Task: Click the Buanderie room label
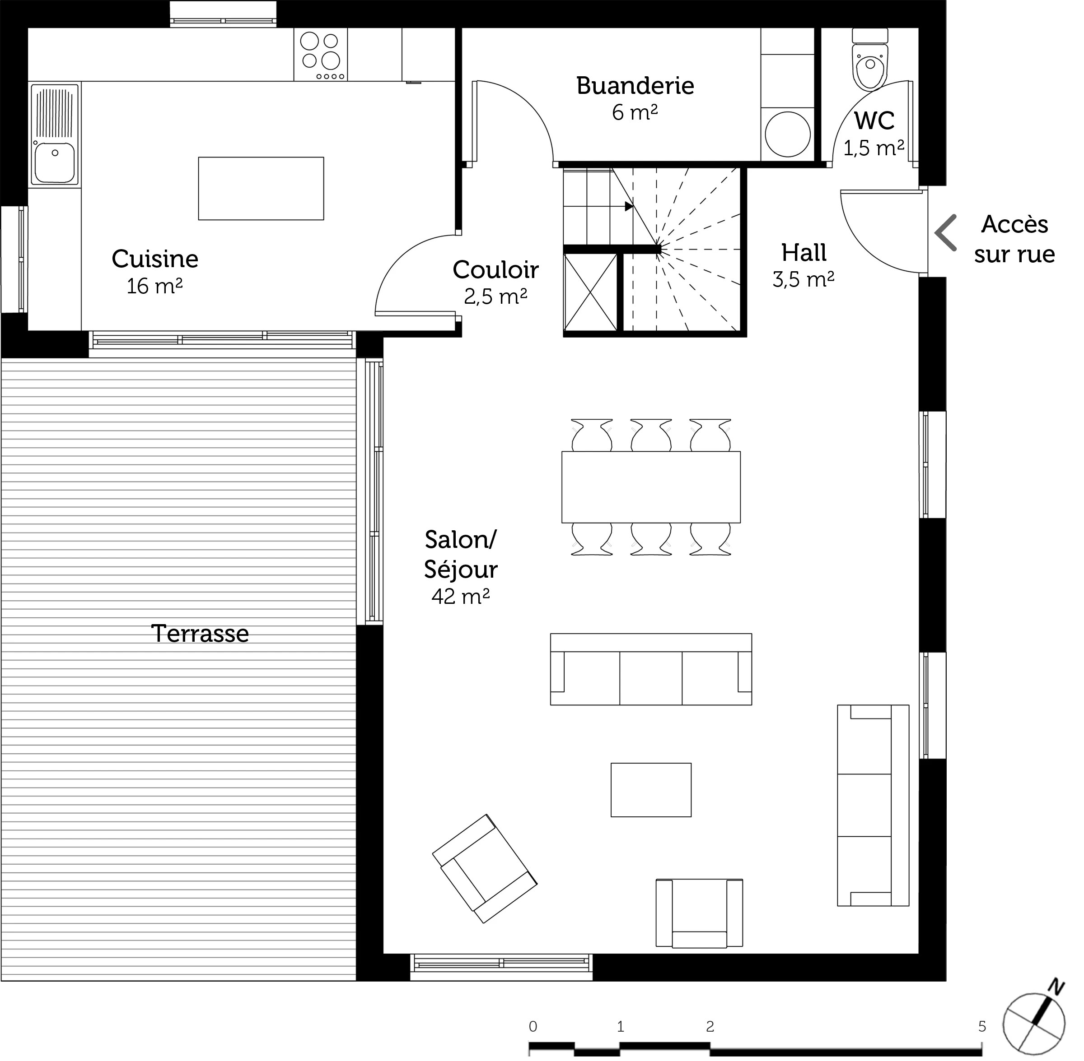point(635,86)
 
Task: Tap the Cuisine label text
point(155,259)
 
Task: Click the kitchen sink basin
point(55,162)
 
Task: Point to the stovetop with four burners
point(321,55)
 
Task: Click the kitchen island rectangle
point(261,188)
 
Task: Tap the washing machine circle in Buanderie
point(787,134)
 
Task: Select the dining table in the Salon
point(651,487)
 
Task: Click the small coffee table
point(651,790)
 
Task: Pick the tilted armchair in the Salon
point(485,869)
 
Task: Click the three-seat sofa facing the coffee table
point(651,669)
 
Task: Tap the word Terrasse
point(200,634)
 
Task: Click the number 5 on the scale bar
point(982,1026)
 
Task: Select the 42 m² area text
point(461,596)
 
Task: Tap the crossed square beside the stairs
point(590,292)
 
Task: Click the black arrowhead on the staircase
point(629,206)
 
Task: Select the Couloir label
point(496,270)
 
